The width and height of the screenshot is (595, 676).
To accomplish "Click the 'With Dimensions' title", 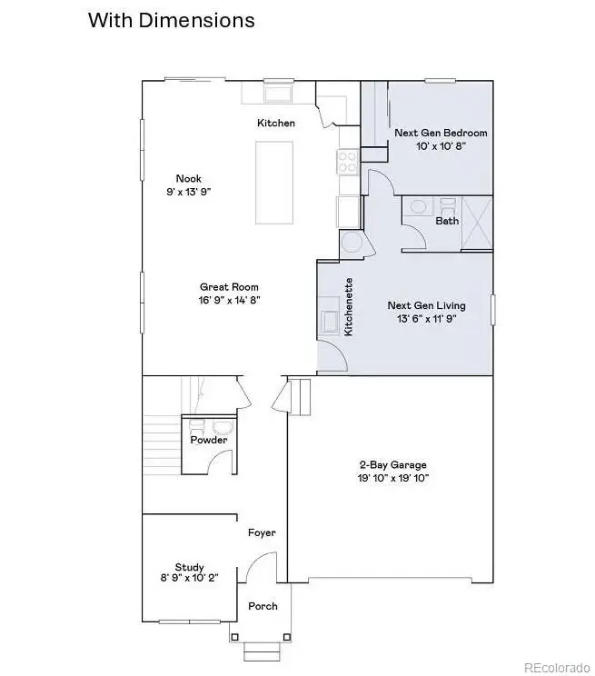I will click(171, 20).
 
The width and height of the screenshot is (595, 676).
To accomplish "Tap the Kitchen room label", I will click(276, 123).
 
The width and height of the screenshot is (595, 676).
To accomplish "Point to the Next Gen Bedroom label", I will click(440, 133).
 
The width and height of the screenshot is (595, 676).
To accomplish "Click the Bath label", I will click(447, 221).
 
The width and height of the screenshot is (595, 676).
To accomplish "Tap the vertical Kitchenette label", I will click(348, 307).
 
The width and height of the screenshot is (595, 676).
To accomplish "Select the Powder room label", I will click(208, 440).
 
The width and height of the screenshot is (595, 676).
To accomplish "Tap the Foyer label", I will click(262, 533).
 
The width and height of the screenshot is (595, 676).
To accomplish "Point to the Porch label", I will click(263, 606).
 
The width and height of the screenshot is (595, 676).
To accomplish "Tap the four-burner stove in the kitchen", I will click(348, 162).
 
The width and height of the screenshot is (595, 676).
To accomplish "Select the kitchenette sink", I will click(329, 322).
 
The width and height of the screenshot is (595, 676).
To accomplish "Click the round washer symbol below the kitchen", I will click(351, 242).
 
